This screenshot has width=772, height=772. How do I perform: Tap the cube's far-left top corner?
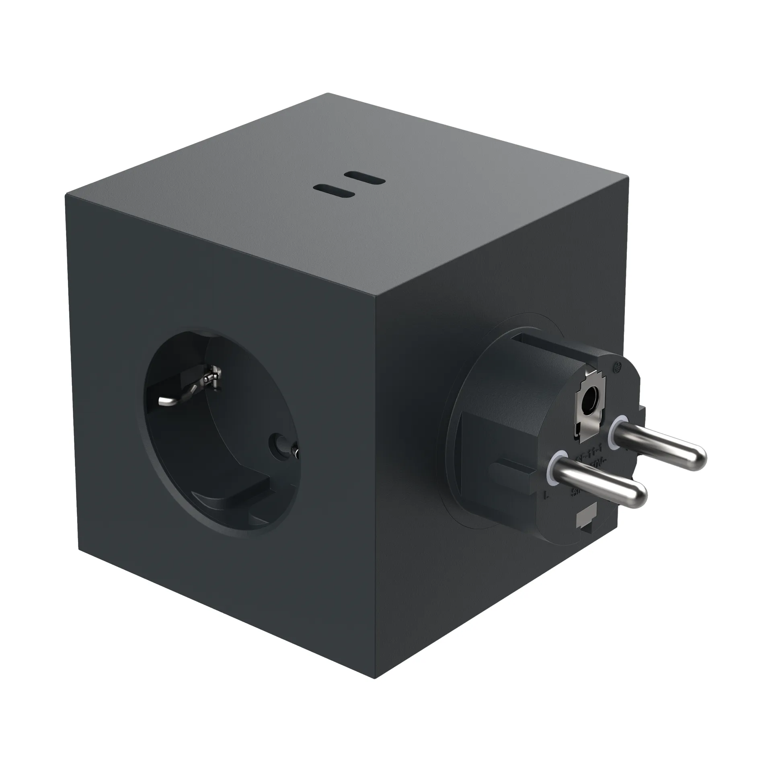(x=67, y=196)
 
